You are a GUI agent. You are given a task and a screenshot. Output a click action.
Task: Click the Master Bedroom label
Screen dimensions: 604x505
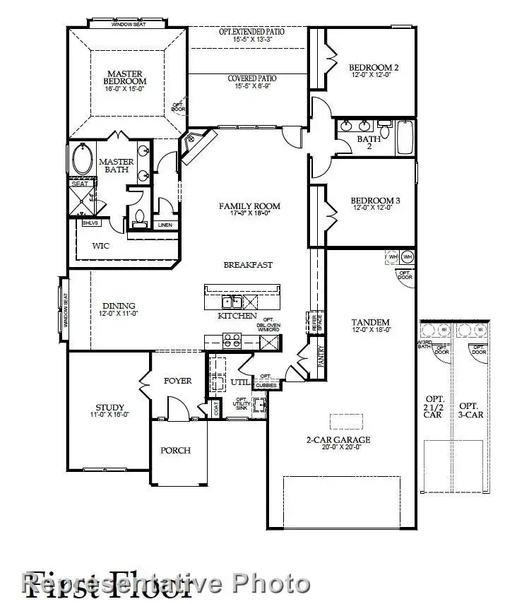pos(126,78)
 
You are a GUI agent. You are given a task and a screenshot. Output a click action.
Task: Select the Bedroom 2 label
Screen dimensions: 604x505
pos(374,69)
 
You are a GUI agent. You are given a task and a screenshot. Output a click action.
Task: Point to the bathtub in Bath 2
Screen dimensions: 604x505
pos(405,138)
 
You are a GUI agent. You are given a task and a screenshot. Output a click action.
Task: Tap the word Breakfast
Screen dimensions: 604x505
pos(248,265)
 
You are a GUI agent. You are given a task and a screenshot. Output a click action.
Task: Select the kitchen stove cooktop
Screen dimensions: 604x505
pos(232,341)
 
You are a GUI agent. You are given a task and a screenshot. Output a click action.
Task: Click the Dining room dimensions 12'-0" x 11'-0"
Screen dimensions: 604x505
pos(119,313)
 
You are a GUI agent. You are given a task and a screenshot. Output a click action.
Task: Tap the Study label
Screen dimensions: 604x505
pos(110,408)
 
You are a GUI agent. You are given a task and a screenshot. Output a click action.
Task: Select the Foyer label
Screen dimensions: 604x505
pos(177,381)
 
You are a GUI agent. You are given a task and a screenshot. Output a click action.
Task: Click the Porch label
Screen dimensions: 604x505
pos(174,450)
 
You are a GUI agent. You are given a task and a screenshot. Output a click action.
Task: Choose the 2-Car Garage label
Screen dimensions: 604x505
pos(338,440)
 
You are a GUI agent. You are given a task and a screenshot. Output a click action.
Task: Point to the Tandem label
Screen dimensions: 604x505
pos(372,323)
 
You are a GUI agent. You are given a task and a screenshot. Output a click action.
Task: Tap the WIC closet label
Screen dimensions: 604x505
pos(100,247)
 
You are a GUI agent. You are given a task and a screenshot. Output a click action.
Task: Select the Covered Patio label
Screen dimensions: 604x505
pos(251,78)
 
